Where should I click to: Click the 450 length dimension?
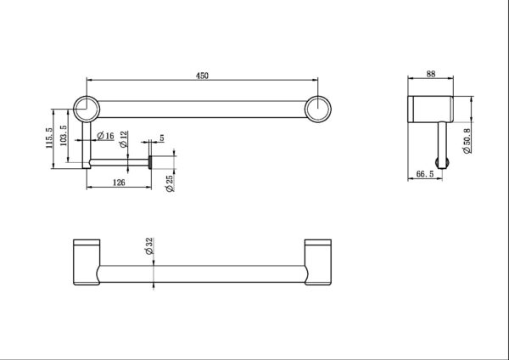click(x=202, y=76)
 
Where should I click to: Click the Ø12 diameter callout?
click(x=123, y=138)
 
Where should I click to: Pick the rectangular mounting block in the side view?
click(x=432, y=109)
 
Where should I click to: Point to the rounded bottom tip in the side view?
click(x=441, y=159)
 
